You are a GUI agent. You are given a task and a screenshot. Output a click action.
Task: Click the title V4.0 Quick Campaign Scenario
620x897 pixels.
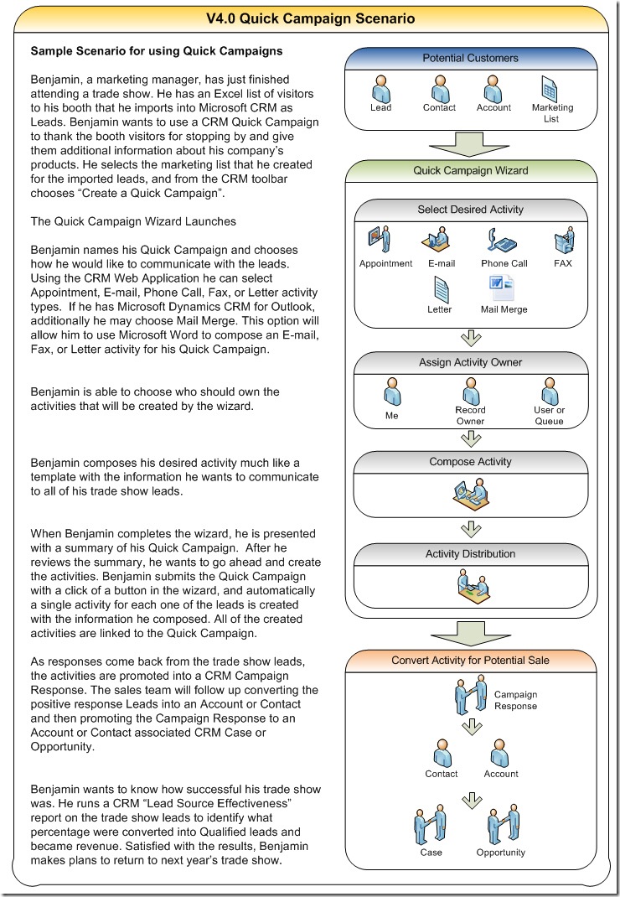point(310,18)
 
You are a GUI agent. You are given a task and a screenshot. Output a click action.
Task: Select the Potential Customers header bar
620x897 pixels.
point(470,59)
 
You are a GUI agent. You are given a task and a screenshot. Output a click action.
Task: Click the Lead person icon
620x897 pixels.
point(380,87)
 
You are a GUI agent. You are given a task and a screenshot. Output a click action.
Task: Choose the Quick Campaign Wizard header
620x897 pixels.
point(470,171)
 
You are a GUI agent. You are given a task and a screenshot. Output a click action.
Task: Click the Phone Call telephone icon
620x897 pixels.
point(500,241)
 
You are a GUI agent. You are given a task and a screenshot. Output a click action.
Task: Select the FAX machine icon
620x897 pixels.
point(563,241)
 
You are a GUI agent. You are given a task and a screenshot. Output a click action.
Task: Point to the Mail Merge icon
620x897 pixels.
point(504,287)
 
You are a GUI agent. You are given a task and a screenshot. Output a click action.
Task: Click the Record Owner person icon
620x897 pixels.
point(470,391)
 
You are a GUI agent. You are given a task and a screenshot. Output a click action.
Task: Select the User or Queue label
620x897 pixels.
point(550,416)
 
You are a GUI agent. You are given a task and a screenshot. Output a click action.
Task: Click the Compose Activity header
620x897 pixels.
point(470,462)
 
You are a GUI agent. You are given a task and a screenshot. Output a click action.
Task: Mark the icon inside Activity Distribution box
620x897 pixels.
point(472,584)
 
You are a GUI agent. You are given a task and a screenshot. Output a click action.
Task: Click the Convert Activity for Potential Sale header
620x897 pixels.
point(470,661)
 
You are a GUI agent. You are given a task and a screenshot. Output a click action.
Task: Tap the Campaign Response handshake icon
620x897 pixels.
point(470,695)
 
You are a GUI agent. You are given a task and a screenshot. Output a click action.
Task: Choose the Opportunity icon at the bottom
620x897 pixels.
point(499,827)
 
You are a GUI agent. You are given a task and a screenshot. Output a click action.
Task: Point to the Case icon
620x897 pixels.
point(431,827)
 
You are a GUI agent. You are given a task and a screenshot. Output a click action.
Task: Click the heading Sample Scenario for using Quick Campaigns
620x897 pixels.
point(157,51)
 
